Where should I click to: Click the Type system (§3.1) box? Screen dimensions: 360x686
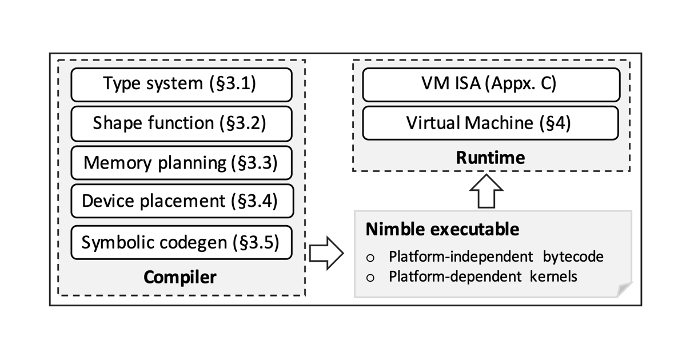(x=181, y=85)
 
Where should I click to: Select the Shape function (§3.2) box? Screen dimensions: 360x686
(x=181, y=123)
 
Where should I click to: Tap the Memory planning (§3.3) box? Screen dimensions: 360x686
(x=181, y=162)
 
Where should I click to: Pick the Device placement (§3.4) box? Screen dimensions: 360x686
(x=181, y=201)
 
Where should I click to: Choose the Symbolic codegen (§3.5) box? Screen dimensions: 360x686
(x=181, y=242)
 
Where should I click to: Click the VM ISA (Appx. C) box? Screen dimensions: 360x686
(x=490, y=85)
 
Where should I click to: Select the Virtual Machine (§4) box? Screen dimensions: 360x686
(x=490, y=123)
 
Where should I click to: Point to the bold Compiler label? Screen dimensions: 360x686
(x=180, y=277)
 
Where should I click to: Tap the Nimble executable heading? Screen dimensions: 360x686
(x=442, y=230)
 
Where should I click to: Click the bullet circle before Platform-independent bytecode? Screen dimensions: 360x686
(x=370, y=258)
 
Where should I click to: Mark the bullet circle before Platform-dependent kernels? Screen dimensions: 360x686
(x=370, y=278)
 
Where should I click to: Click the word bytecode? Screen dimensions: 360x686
(x=574, y=257)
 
